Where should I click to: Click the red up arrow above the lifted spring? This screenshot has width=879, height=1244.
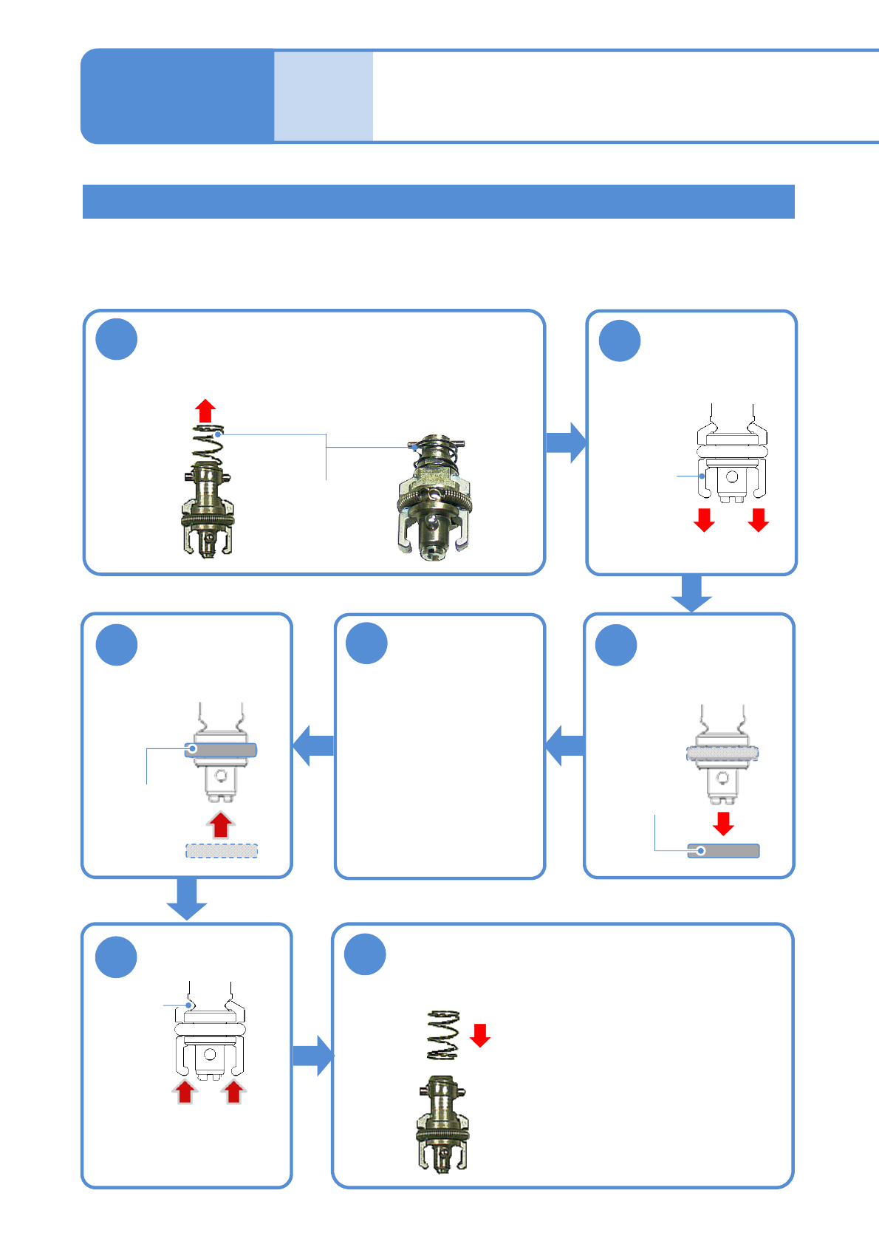[x=205, y=411]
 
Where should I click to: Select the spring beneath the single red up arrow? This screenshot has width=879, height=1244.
[x=209, y=444]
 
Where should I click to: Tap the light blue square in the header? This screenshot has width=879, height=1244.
[x=324, y=96]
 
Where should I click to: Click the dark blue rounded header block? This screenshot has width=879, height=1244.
[x=177, y=96]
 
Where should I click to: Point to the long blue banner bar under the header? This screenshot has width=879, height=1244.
[x=438, y=202]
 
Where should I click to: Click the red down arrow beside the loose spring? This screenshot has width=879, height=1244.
[x=480, y=1035]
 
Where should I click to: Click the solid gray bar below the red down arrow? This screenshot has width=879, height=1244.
[x=723, y=851]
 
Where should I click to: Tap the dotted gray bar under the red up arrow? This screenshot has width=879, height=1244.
[x=222, y=851]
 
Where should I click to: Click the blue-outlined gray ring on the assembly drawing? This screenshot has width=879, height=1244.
[x=221, y=750]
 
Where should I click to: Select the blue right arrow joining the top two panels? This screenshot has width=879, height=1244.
[x=566, y=442]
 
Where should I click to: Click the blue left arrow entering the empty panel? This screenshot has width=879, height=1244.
[x=565, y=745]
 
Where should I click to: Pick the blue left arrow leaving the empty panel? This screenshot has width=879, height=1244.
[x=314, y=745]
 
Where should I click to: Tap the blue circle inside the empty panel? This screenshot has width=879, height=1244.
[x=367, y=643]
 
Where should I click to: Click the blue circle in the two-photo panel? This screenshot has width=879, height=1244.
[x=117, y=340]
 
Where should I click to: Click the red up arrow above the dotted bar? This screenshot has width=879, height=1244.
[x=220, y=824]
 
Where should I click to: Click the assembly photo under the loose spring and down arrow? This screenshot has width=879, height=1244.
[x=442, y=1123]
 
